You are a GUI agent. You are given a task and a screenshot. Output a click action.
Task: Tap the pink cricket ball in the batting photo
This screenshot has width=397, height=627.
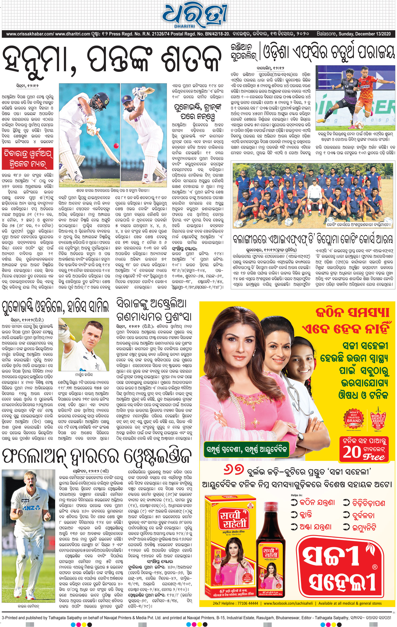[116, 146]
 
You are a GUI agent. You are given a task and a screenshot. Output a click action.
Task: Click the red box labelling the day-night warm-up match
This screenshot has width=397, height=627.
[28, 158]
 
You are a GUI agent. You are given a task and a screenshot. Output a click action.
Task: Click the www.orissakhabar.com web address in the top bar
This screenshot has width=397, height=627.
[30, 34]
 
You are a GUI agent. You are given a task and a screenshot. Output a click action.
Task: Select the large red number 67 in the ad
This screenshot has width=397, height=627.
[233, 470]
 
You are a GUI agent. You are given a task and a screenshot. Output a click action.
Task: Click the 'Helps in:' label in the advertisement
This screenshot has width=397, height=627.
[296, 495]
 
